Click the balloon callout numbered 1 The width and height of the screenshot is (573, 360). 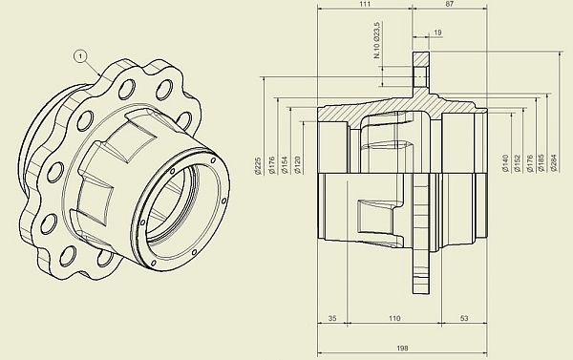(81, 56)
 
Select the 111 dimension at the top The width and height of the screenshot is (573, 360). (365, 4)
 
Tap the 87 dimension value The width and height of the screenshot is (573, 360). (450, 4)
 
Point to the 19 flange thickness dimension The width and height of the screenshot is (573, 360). (437, 32)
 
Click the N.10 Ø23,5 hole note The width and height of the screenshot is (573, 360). (377, 40)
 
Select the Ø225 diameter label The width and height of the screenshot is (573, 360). (258, 165)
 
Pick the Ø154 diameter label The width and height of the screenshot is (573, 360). (285, 165)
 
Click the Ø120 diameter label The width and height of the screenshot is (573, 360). (297, 165)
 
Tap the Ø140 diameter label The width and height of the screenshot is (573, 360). (505, 163)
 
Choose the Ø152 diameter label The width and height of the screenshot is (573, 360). (518, 163)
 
